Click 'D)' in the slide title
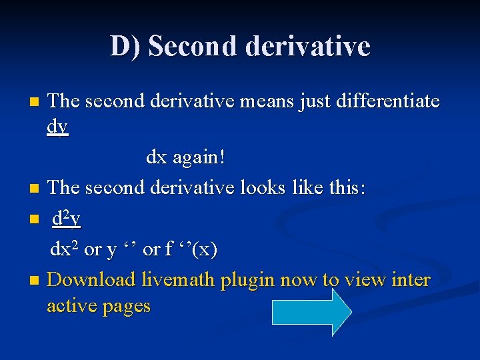(x=125, y=46)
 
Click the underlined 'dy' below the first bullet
(x=58, y=126)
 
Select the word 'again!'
(x=199, y=158)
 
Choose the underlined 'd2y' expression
(x=67, y=218)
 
